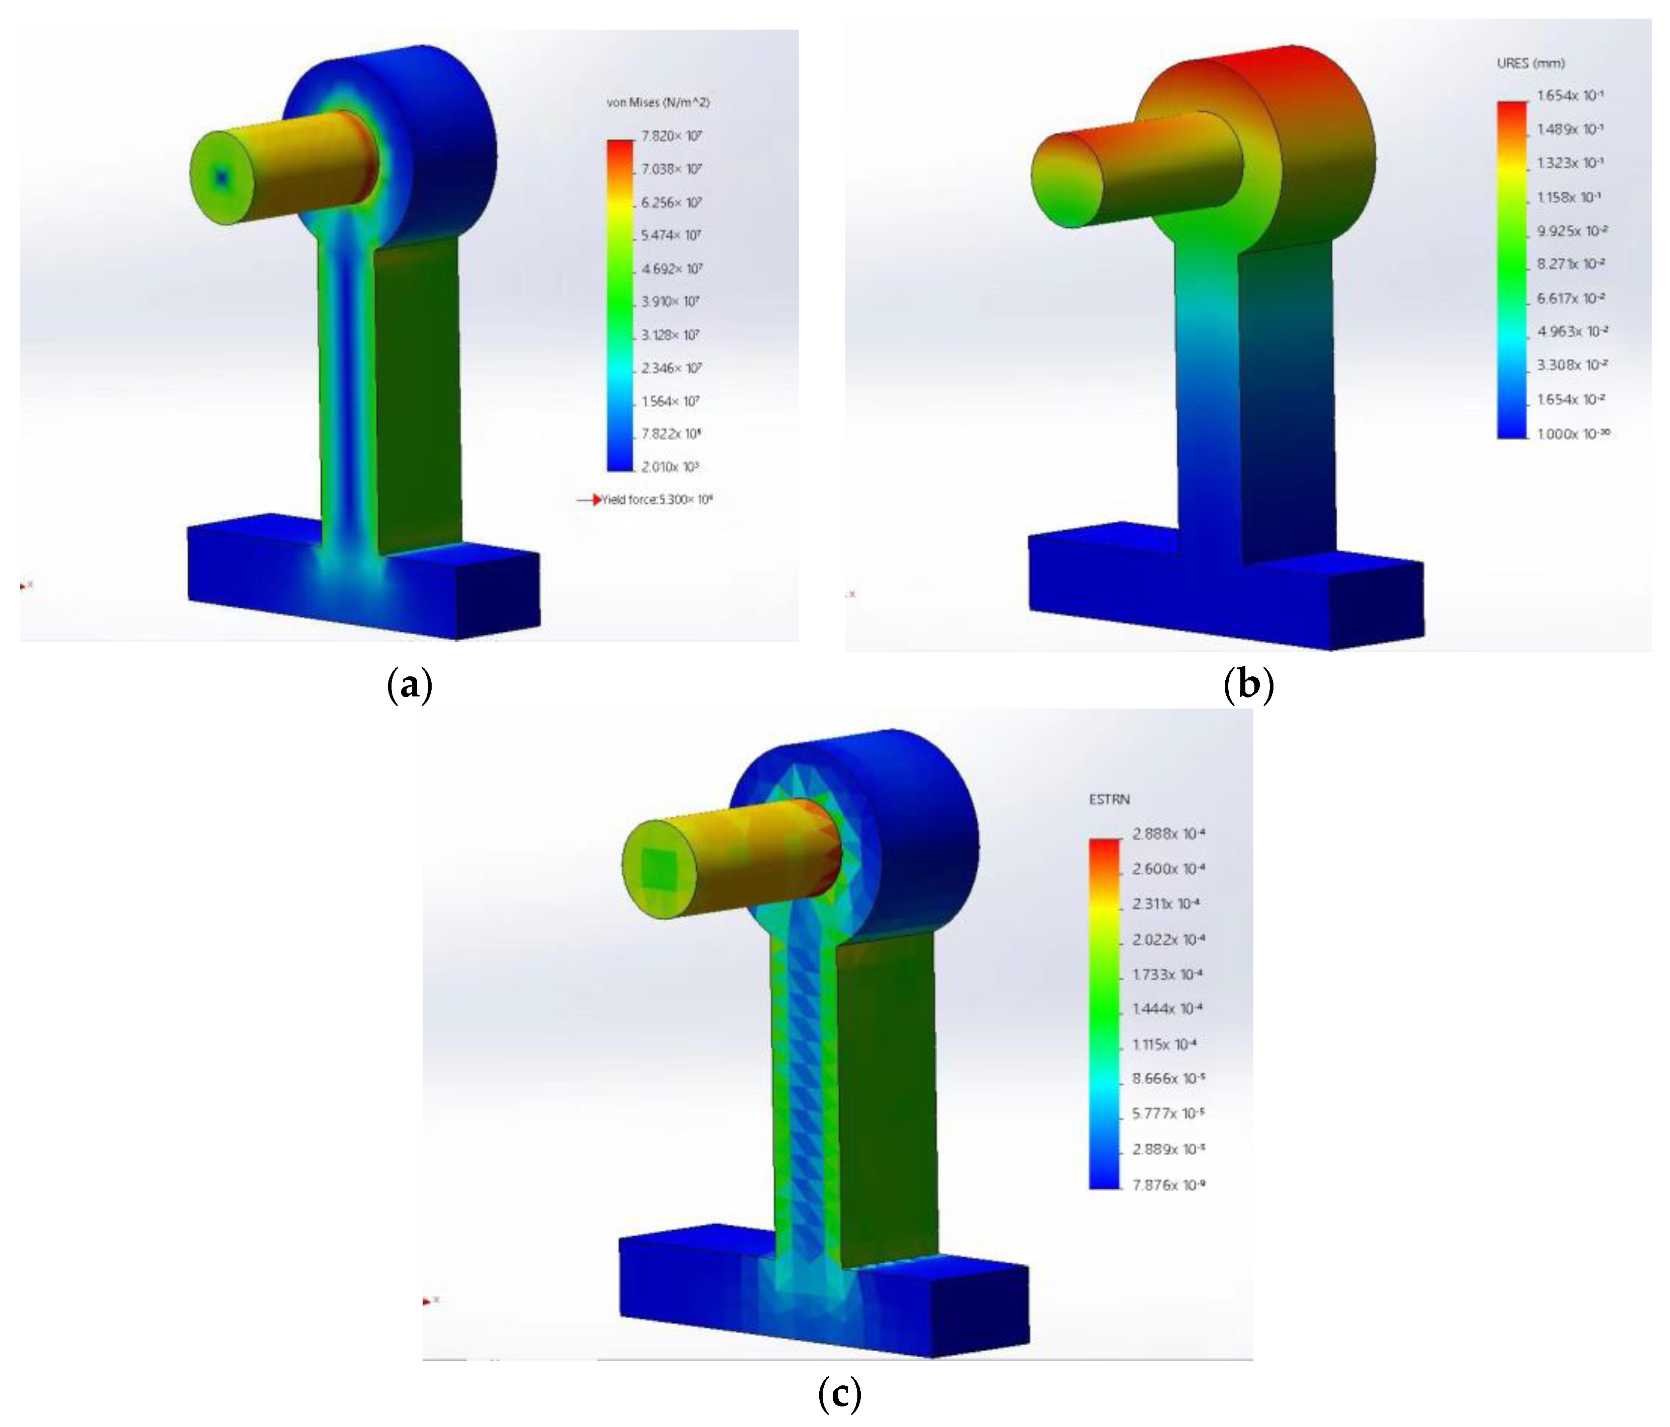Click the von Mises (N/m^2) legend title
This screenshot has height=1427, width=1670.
[657, 102]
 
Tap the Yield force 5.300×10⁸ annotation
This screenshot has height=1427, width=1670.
[657, 500]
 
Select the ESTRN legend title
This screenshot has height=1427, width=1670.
[1109, 799]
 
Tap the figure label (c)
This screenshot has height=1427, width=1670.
[839, 1393]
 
